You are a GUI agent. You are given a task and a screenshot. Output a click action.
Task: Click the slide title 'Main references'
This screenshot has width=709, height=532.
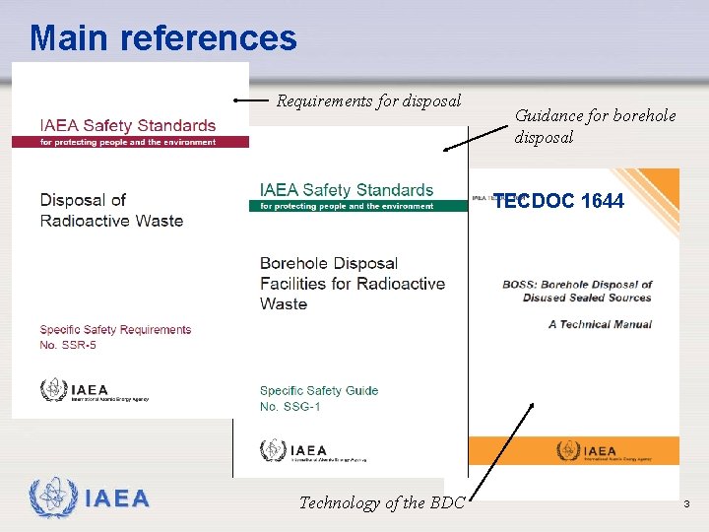coord(162,38)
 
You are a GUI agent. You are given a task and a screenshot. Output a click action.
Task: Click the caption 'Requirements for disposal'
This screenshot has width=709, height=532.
coord(368,100)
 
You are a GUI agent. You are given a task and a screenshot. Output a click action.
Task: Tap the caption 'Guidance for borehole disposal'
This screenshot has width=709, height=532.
coord(595,126)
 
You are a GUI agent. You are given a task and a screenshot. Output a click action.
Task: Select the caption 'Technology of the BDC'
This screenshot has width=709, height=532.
coord(381,502)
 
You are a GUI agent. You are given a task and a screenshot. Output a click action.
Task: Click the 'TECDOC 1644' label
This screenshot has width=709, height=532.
coord(558,201)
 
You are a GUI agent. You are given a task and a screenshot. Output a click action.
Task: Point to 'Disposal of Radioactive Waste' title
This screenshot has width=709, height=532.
coord(111,210)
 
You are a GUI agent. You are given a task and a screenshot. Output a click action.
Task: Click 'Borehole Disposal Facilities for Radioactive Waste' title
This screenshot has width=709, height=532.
coord(352,284)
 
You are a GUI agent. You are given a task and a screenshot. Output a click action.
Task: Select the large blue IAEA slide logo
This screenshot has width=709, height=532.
coord(90,499)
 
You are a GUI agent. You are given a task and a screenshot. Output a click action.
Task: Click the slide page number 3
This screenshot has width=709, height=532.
coord(687,504)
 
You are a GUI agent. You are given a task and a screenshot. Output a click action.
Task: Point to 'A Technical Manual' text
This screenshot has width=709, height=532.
coord(600,324)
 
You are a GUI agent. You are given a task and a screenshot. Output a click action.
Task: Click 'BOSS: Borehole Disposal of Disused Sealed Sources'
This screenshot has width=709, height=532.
coord(577,291)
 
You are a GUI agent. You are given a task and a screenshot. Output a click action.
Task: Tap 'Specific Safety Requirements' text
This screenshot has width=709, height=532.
coord(115,330)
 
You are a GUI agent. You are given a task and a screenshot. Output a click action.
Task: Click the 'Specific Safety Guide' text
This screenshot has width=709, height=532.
coord(319,390)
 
